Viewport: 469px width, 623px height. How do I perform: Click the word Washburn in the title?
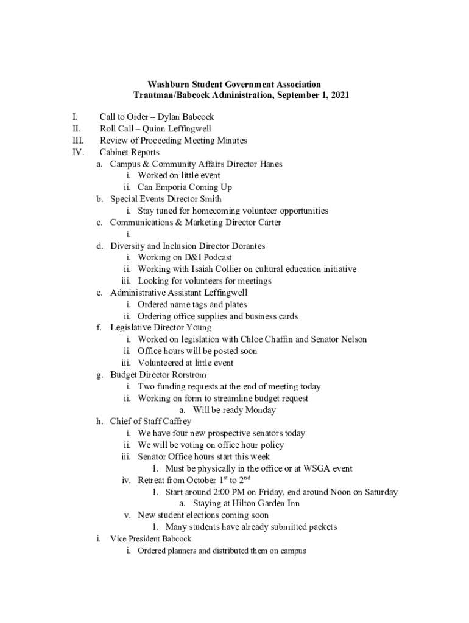coord(168,85)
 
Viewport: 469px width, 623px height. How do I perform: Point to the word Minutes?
coord(231,141)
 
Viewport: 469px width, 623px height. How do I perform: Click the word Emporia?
coord(172,187)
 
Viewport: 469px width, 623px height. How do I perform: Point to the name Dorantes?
coord(246,246)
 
